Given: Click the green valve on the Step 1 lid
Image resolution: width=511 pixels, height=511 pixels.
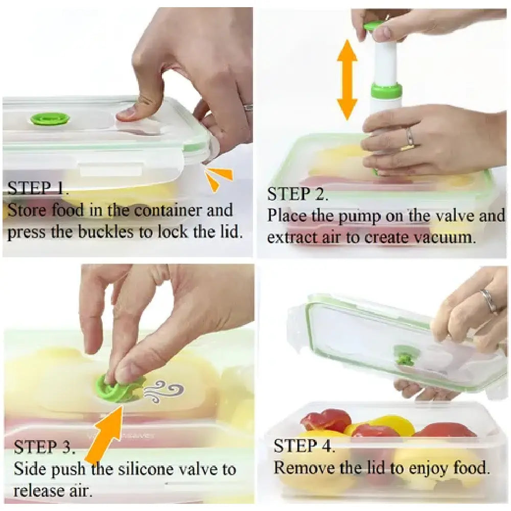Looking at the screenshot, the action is click(50, 119).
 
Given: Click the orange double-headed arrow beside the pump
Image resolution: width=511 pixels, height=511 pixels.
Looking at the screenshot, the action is click(347, 80).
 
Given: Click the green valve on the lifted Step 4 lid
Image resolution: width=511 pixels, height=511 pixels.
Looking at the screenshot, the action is click(403, 356).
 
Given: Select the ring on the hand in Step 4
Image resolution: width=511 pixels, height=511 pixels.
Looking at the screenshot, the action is click(490, 300).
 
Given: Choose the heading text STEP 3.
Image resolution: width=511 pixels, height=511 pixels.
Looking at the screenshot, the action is click(44, 447).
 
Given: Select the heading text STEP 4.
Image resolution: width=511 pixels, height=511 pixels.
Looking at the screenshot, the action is click(304, 446).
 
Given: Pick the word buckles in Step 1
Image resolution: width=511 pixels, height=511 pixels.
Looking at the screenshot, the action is click(106, 231).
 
